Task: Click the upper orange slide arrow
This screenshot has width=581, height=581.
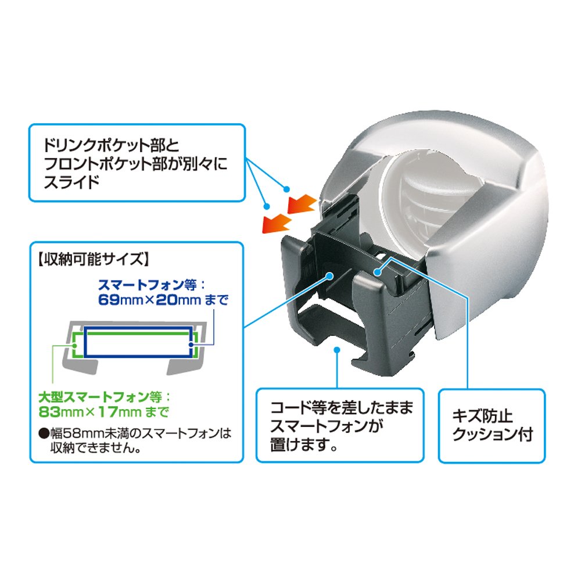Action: (x=302, y=204)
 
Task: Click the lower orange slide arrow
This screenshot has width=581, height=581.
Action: (x=277, y=223)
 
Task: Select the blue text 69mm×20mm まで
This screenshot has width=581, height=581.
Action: (x=163, y=299)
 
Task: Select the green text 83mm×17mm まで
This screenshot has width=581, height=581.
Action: (x=104, y=412)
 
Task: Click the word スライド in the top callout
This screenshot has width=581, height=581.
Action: (x=71, y=182)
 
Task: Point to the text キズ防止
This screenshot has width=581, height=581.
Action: (x=482, y=416)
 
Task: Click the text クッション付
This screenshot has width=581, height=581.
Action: (x=493, y=434)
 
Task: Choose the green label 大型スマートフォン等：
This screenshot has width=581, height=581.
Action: (x=104, y=397)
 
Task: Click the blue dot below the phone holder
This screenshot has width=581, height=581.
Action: (x=337, y=350)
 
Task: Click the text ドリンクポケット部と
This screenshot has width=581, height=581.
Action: (x=112, y=145)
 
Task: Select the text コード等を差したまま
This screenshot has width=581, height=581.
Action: (x=342, y=408)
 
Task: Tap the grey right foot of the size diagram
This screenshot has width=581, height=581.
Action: (x=185, y=367)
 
